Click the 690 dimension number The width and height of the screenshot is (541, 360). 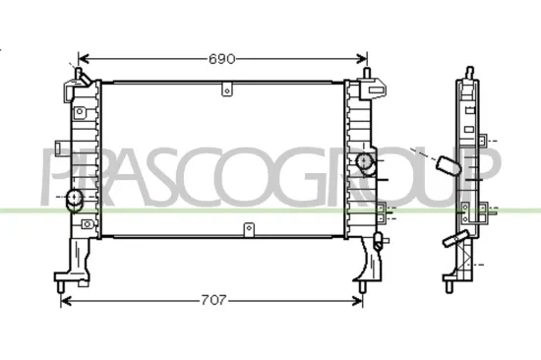(222, 59)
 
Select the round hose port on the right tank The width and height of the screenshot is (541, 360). (365, 161)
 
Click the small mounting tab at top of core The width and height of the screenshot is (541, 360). (227, 91)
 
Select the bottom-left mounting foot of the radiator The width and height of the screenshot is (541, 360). (63, 283)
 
